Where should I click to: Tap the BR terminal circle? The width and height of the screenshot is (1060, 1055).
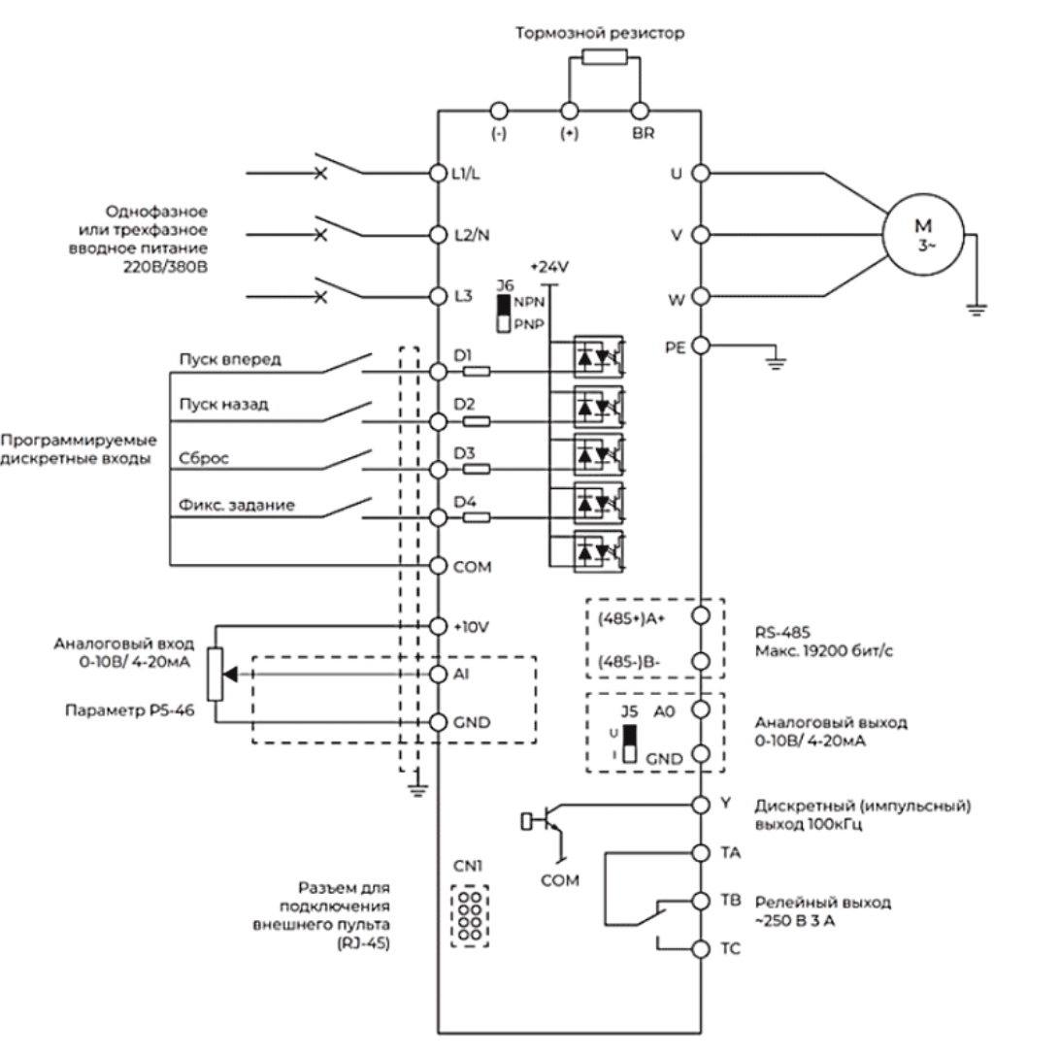(638, 110)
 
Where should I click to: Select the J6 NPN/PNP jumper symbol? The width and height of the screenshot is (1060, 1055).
(503, 313)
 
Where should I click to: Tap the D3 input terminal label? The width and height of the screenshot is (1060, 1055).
(464, 453)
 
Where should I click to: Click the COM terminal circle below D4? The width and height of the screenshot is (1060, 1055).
(438, 566)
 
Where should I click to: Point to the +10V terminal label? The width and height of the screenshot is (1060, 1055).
(472, 627)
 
